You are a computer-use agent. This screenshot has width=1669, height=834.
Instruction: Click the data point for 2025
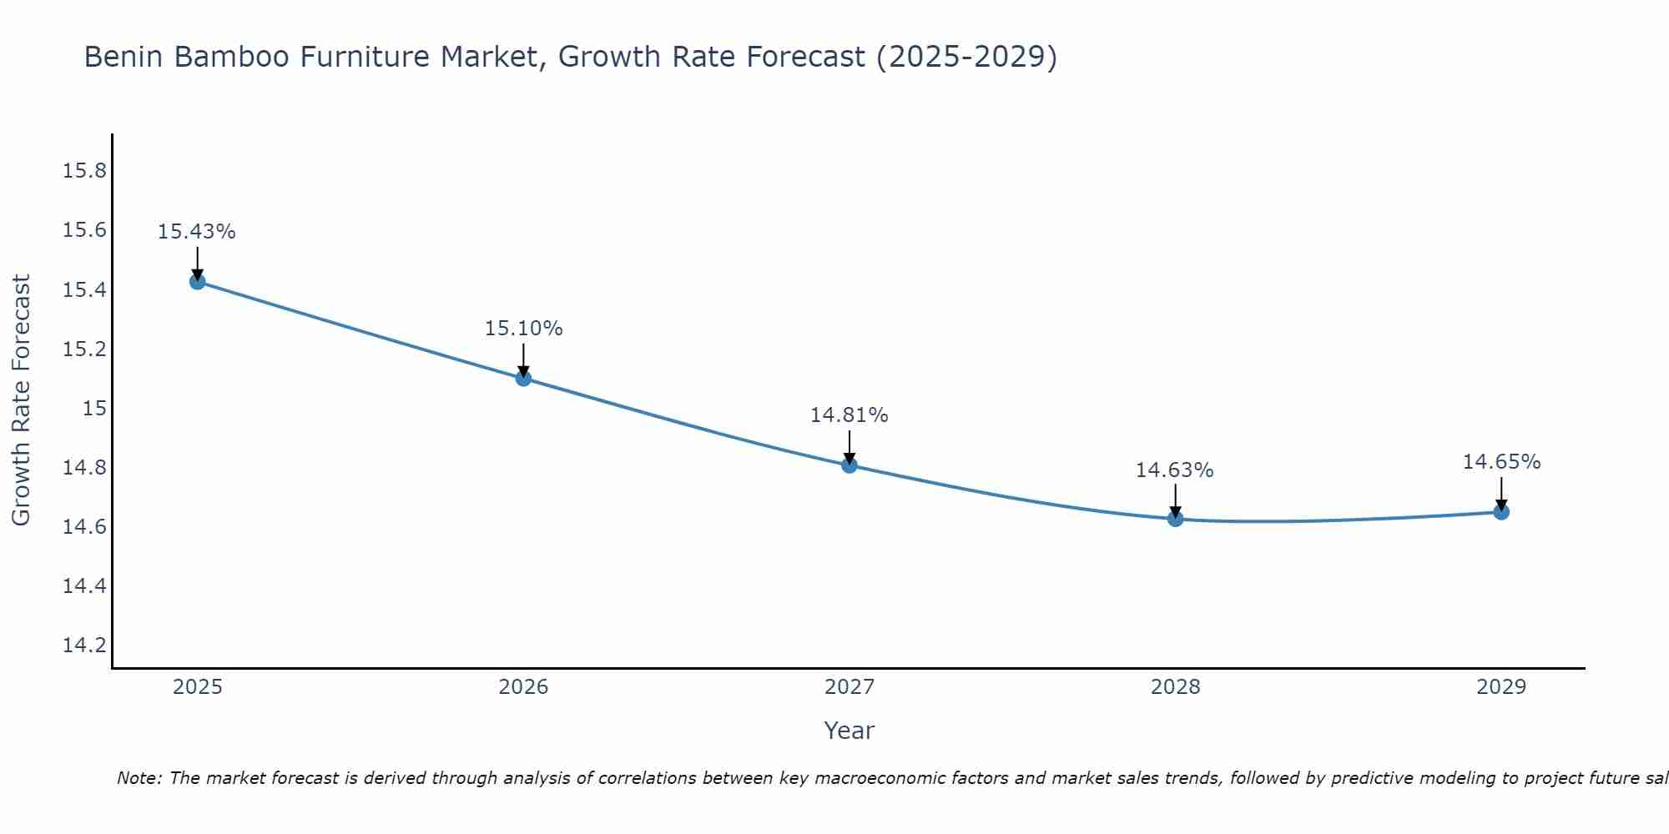tap(198, 282)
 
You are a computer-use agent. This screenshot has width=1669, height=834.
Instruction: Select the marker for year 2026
tap(523, 379)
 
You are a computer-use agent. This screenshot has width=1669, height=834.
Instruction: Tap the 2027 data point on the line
tap(850, 465)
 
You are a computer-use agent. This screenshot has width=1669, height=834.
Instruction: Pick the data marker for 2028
tap(1175, 519)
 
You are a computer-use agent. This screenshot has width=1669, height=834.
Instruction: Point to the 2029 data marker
tap(1501, 512)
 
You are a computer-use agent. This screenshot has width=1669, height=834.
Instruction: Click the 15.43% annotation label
tap(197, 232)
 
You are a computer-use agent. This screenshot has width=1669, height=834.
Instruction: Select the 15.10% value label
tap(523, 329)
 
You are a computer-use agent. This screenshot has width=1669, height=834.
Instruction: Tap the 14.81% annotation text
tap(850, 415)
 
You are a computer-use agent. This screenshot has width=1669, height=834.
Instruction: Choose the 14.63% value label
tap(1175, 470)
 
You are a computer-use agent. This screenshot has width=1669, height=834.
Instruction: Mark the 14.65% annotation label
tap(1501, 462)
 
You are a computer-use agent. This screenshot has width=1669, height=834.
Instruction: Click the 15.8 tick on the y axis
tap(85, 171)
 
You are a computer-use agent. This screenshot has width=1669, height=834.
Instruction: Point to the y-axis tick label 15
tap(95, 408)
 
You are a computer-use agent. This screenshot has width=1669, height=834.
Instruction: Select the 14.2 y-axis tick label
tap(85, 646)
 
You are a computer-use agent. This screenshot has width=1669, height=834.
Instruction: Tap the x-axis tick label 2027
tap(850, 687)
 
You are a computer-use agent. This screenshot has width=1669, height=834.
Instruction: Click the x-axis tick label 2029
tap(1501, 687)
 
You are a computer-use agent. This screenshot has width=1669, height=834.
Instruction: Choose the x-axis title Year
tap(850, 731)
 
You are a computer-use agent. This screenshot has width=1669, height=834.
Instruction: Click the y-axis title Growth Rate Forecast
tap(21, 400)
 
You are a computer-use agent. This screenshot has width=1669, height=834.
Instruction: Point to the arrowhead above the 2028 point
tap(1175, 511)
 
